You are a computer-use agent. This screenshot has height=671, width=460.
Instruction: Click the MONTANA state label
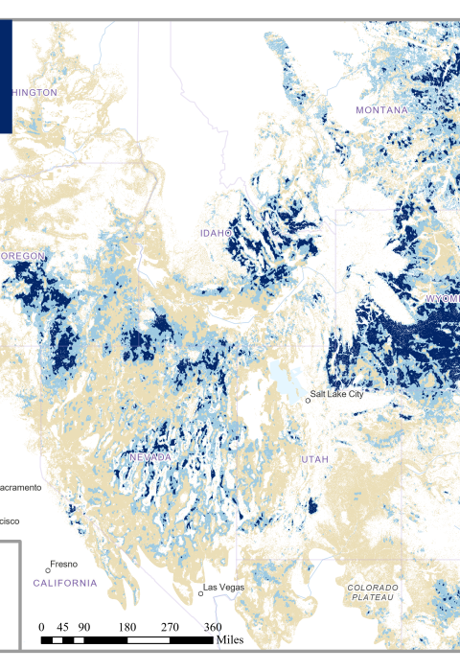tap(381, 110)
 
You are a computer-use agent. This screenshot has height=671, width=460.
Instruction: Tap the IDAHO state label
tap(217, 233)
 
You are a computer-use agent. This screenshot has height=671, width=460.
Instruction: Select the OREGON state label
tap(23, 257)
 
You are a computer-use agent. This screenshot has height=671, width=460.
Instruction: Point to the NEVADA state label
tap(150, 458)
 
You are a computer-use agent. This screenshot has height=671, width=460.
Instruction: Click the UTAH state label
tap(314, 459)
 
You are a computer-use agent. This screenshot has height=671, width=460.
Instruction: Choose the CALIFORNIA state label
tap(65, 582)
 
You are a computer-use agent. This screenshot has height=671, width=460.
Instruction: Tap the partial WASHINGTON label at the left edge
tap(31, 92)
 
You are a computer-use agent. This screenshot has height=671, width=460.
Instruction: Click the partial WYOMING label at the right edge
tap(443, 299)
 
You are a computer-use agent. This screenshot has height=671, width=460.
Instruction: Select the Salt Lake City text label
tap(336, 394)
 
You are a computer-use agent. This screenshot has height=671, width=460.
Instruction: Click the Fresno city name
tap(63, 564)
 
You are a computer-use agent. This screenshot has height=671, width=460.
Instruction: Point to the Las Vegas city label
tap(223, 586)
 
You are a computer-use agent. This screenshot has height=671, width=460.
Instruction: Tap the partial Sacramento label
tap(19, 487)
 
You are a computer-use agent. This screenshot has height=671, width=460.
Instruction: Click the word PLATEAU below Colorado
tap(371, 596)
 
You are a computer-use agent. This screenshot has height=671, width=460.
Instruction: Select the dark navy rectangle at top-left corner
tap(6, 77)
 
